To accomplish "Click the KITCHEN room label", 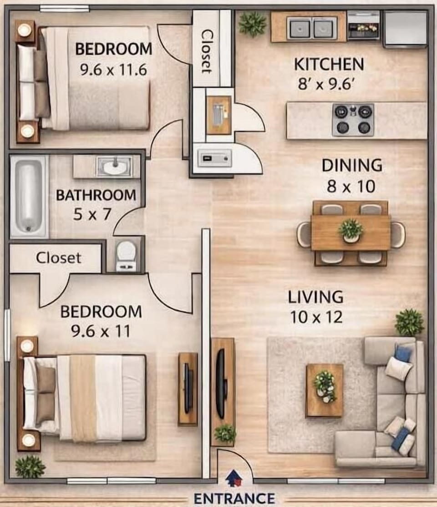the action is point(329,64).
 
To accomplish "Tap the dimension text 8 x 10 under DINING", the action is point(351,186).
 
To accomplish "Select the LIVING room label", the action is point(316,297).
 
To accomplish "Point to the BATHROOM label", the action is point(96,195).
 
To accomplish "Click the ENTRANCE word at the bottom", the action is point(234,498).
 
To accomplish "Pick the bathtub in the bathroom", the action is point(29,197).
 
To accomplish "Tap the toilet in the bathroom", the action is point(126,256).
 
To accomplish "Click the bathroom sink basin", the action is point(115,167).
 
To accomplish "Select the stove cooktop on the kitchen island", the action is point(353,120).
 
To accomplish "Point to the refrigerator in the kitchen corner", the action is point(406,29).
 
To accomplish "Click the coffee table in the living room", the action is point(325,390).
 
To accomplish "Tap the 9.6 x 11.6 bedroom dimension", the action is point(113,70).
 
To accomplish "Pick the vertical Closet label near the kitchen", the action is point(207,51).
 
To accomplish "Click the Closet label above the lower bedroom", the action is point(59,258).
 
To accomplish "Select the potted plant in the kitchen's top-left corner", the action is point(252,23).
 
